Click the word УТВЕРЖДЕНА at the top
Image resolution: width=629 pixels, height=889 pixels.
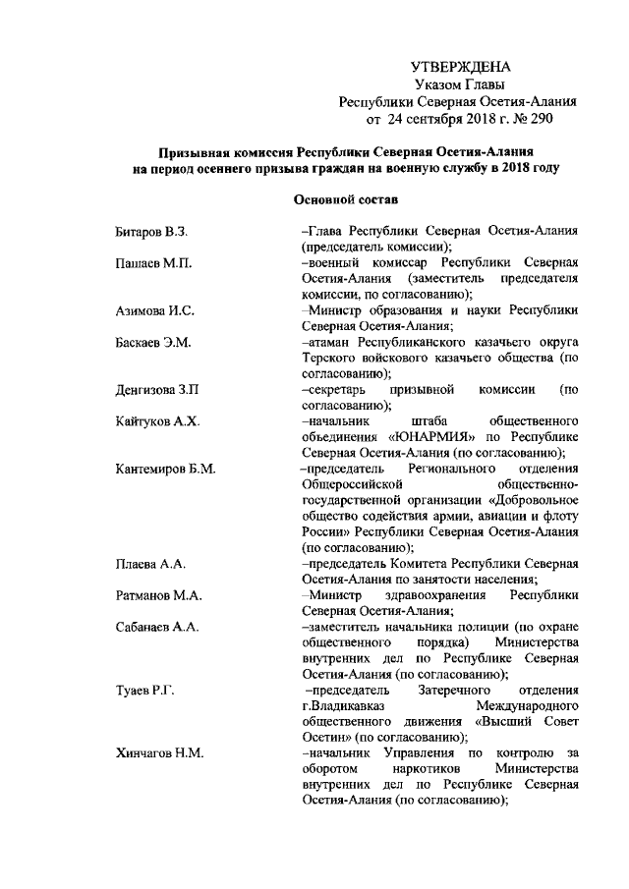point(460,68)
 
